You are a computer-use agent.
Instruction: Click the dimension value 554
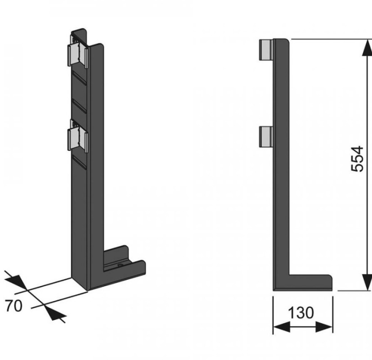tap(357, 159)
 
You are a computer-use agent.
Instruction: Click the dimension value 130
tap(301, 313)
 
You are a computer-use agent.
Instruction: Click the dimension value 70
tap(14, 306)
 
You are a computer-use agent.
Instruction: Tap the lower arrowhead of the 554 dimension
tap(367, 282)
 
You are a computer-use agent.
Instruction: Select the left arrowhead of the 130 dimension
tap(282, 327)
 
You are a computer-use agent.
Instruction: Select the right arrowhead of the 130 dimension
tap(324, 327)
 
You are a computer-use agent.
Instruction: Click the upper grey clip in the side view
tap(266, 49)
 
